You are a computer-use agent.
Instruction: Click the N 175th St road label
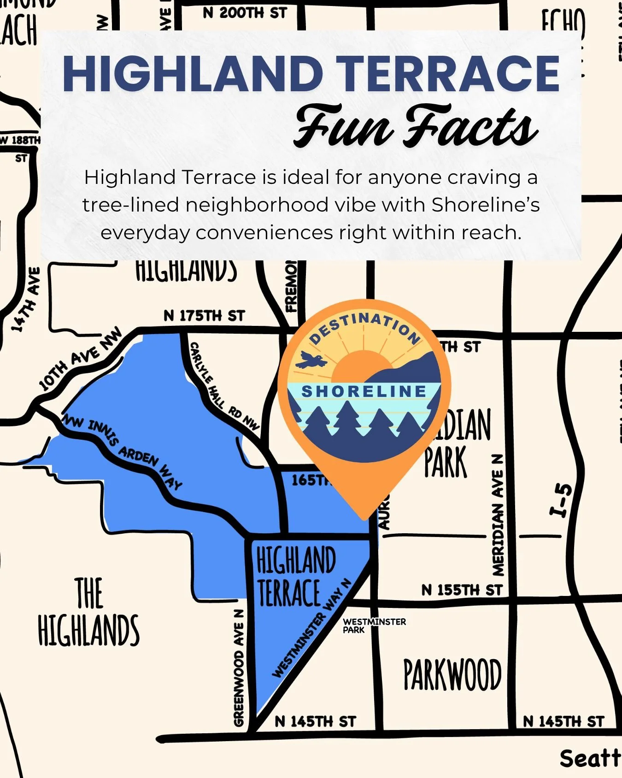(x=204, y=316)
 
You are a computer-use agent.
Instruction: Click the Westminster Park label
(x=374, y=625)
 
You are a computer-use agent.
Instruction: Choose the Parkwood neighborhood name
(x=452, y=675)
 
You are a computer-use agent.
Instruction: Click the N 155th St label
(x=462, y=590)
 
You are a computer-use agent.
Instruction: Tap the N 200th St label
(x=245, y=13)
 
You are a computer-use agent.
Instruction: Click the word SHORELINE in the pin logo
(x=364, y=391)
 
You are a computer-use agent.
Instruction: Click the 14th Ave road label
(x=26, y=300)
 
